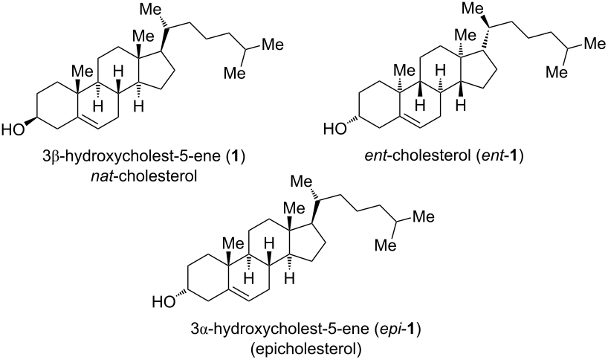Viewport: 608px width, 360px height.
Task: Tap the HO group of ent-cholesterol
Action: [334, 128]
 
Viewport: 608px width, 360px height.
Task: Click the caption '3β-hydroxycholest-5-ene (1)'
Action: [144, 158]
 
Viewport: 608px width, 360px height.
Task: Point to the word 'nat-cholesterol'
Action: [145, 176]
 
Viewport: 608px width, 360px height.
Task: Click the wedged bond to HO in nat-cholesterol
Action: [30, 121]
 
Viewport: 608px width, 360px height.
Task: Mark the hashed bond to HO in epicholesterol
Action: [181, 293]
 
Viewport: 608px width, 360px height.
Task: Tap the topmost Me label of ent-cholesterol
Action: [473, 8]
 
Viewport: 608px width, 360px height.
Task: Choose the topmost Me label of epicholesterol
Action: [302, 182]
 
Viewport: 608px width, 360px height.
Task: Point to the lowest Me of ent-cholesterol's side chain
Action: [557, 71]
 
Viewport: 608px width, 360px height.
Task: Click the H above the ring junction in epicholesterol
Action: [269, 245]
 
